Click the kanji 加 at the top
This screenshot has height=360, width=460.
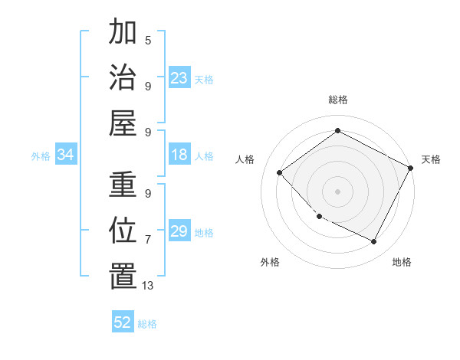point(123,32)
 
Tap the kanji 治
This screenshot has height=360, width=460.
point(123,77)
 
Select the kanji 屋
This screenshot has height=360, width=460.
point(123,123)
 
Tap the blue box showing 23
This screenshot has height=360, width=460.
point(179,78)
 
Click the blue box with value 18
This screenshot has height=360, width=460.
point(179,155)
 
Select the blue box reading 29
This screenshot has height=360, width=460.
point(179,232)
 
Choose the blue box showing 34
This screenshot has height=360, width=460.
point(66,155)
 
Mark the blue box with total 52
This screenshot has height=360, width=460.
point(123,322)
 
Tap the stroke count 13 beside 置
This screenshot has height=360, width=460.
point(149,286)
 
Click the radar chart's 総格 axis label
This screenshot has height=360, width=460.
point(337,100)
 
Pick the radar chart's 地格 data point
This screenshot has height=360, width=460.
point(374,242)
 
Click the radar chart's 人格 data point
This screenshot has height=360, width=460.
point(280,172)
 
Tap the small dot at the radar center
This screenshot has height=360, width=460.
point(337,191)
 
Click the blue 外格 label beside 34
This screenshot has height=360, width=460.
point(41,156)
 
